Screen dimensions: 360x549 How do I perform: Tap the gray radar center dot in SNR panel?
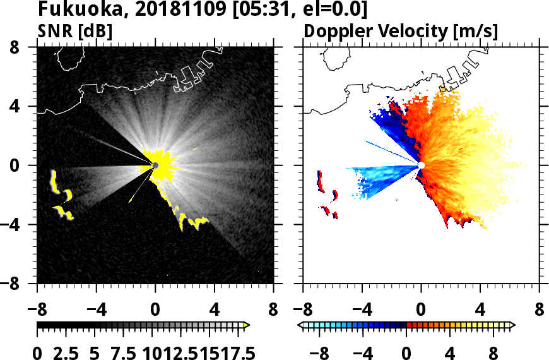pyautogui.click(x=155, y=165)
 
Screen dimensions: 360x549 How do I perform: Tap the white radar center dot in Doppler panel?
pyautogui.click(x=421, y=165)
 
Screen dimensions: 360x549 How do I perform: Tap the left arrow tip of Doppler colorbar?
pyautogui.click(x=299, y=325)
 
